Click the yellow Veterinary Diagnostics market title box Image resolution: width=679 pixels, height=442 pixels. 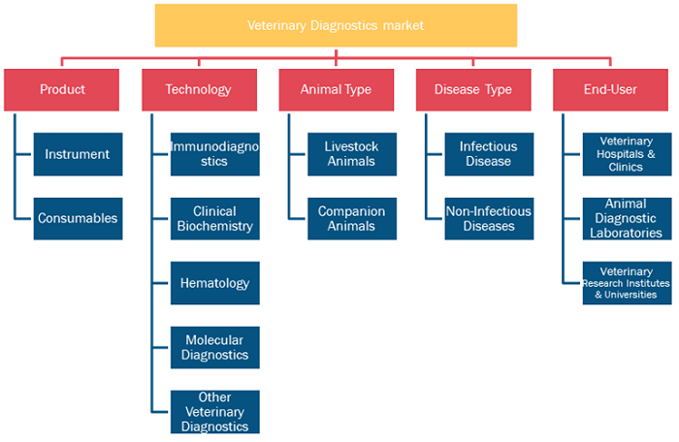[x=336, y=25]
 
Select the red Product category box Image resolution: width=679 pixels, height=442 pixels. [x=61, y=89]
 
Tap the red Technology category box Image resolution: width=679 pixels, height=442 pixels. [x=199, y=89]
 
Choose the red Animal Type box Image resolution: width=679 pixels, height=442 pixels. [x=337, y=89]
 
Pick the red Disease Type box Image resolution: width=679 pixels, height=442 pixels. [x=473, y=89]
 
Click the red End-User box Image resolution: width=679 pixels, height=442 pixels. [x=610, y=89]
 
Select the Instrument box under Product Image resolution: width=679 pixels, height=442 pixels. [x=78, y=154]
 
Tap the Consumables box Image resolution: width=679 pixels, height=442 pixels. [x=78, y=219]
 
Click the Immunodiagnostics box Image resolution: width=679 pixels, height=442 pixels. [x=215, y=154]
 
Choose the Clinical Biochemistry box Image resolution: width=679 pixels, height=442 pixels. [x=215, y=219]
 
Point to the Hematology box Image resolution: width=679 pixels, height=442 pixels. [x=215, y=283]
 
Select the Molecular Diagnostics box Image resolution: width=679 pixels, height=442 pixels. [x=215, y=348]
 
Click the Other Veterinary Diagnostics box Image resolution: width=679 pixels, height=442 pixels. [x=215, y=412]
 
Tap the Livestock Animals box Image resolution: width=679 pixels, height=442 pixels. [x=352, y=154]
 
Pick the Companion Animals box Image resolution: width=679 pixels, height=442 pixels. [x=352, y=219]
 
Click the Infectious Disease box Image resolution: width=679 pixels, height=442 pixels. [x=489, y=154]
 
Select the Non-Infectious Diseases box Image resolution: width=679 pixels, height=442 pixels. [x=489, y=219]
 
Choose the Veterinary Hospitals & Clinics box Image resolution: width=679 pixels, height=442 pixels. [x=627, y=154]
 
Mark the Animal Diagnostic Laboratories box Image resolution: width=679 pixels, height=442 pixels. [x=627, y=219]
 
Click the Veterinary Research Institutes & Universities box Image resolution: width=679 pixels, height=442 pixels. [x=627, y=283]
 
